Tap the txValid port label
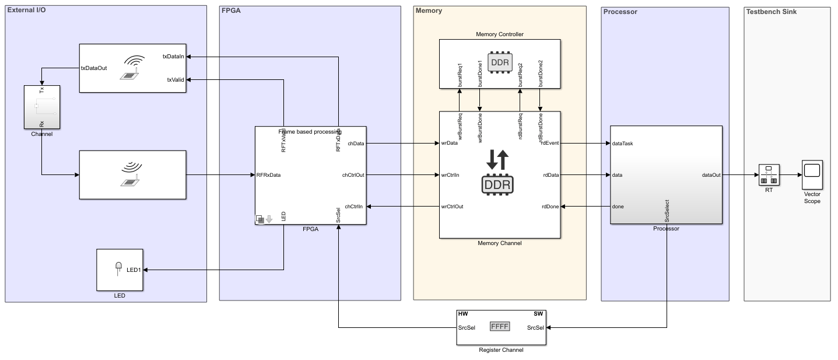(x=174, y=80)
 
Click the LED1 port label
(x=134, y=270)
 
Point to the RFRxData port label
(x=269, y=175)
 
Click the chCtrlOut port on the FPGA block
(x=354, y=175)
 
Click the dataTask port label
(x=622, y=143)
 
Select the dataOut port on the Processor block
(x=711, y=175)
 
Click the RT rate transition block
(x=769, y=174)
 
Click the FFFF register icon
(x=500, y=327)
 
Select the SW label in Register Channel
(x=538, y=314)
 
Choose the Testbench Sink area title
(x=772, y=11)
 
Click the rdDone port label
(x=551, y=207)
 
